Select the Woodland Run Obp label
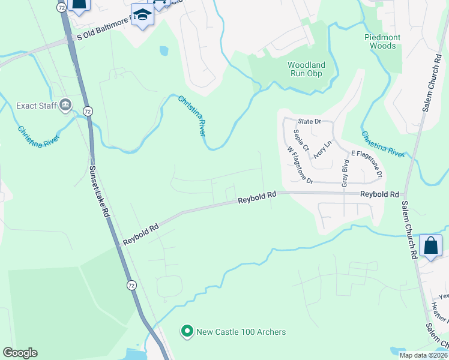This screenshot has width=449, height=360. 306,69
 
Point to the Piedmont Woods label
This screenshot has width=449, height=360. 382,41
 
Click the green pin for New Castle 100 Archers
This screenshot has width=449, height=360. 187,331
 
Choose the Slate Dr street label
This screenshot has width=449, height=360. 310,121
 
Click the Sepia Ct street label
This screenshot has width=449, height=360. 301,140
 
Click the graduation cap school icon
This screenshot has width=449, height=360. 142,15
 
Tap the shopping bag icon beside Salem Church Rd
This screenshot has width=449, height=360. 430,245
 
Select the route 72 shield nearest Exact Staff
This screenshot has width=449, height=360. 88,111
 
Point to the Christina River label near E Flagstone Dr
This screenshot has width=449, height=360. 382,143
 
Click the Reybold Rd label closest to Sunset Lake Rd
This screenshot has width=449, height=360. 141,233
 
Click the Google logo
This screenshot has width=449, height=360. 20,353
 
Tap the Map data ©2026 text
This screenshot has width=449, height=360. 423,355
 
